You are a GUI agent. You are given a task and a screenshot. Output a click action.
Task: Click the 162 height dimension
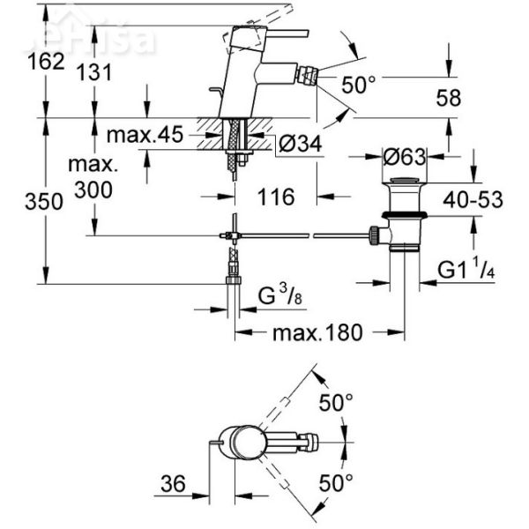(x=45, y=61)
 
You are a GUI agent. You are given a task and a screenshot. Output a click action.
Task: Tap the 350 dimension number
(x=44, y=201)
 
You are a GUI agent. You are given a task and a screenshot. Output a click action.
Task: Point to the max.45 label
(x=144, y=135)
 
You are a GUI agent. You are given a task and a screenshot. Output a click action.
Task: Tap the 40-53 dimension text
(x=473, y=200)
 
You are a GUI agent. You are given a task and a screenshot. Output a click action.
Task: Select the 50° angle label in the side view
(x=359, y=86)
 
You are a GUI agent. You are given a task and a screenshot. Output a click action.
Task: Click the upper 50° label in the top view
(x=336, y=401)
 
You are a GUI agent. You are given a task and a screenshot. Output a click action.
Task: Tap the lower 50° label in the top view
(x=336, y=482)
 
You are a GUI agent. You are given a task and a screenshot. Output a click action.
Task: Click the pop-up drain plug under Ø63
(x=404, y=195)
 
